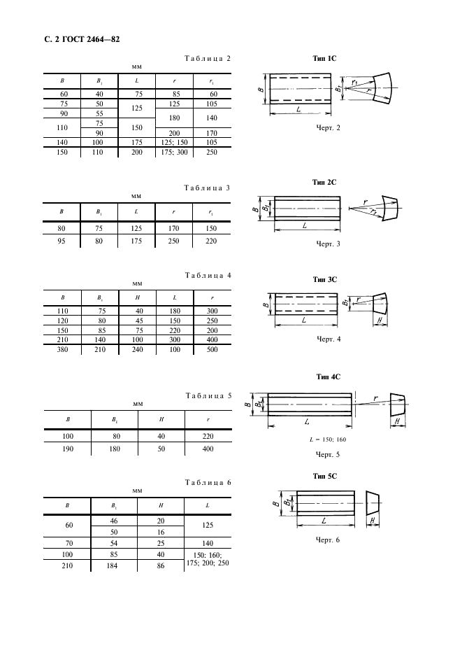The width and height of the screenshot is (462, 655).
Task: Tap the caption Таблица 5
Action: click(x=207, y=395)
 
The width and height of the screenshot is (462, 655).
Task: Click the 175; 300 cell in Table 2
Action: click(x=173, y=152)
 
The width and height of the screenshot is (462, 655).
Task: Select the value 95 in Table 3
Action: click(x=62, y=241)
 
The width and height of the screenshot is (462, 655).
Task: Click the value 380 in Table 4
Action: click(x=62, y=348)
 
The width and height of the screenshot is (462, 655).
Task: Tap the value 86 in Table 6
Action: click(x=161, y=565)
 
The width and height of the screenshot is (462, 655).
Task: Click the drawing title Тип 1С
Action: click(x=326, y=60)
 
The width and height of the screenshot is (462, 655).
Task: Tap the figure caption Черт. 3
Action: click(x=328, y=244)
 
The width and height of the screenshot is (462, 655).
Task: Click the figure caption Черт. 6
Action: click(x=328, y=540)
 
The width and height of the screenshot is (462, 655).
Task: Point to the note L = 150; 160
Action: click(x=327, y=439)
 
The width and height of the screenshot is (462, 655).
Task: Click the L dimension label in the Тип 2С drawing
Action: click(x=305, y=225)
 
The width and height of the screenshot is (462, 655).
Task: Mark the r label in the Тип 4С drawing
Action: click(x=375, y=398)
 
